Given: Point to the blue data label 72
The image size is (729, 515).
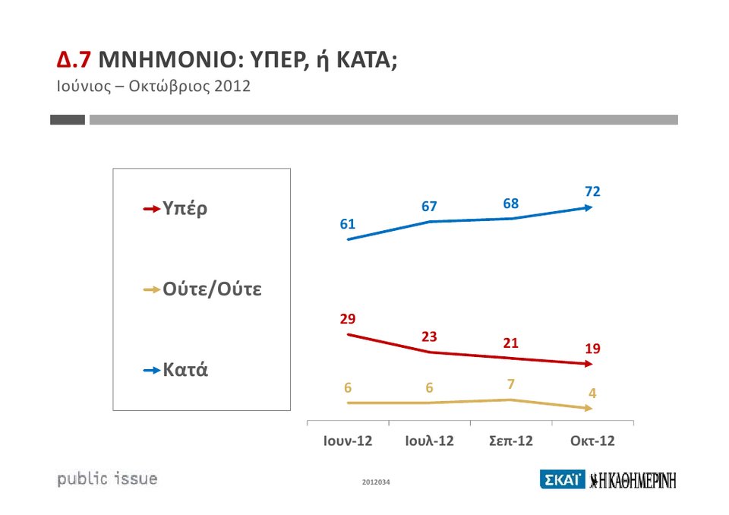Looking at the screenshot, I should pos(592,191).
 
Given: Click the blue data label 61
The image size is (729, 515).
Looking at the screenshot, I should pos(348,224).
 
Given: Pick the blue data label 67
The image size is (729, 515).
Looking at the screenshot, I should pos(430,207).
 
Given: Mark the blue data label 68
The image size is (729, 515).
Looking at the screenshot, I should pos(511,204).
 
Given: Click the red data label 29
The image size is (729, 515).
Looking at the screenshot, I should pos(348,318).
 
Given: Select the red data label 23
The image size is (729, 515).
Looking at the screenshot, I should pos(430,336).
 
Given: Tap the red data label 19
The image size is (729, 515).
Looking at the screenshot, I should pos(592,349).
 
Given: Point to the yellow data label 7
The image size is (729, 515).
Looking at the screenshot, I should pos(511,384).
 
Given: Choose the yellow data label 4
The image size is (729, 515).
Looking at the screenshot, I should pos(592,393).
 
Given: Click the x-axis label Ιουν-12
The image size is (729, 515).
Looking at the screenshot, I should pos(348,441).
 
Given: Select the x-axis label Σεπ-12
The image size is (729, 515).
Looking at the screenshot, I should pos(511,441).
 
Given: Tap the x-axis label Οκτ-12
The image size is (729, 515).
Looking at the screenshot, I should pos(592,441).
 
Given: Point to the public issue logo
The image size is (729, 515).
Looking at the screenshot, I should pos(108,479).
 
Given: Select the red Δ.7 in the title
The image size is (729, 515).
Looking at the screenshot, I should pos(74,60).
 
